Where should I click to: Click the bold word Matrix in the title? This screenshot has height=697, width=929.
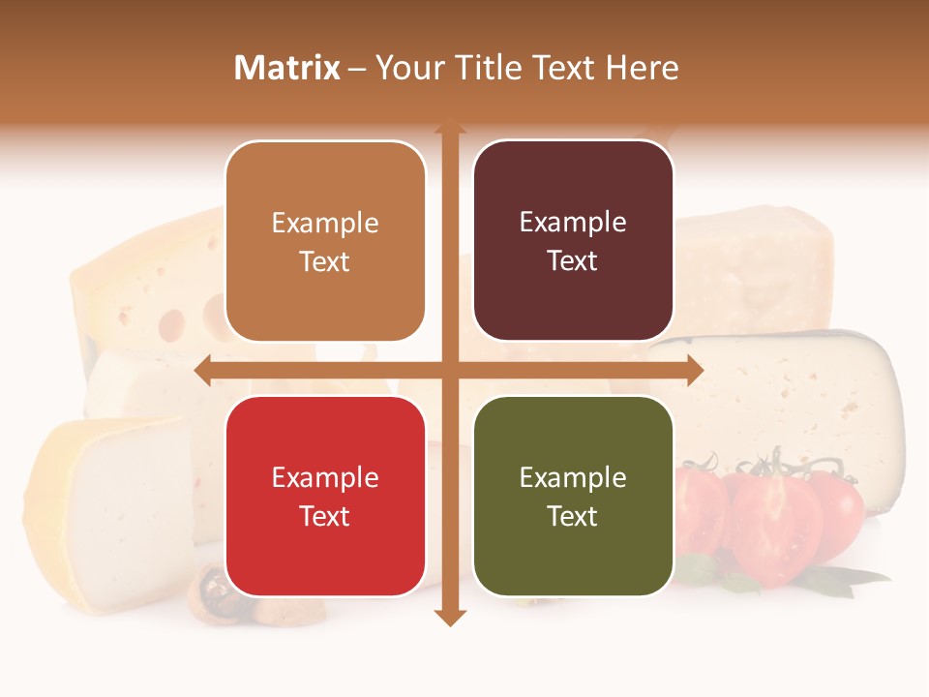[x=287, y=68]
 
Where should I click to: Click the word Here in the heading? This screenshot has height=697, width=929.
[x=642, y=68]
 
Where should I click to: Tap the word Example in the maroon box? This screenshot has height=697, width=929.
[x=573, y=223]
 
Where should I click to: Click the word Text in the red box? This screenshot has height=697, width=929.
[x=325, y=516]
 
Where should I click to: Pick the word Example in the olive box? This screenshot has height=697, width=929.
[x=573, y=477]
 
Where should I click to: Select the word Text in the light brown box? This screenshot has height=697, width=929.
[x=325, y=261]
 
